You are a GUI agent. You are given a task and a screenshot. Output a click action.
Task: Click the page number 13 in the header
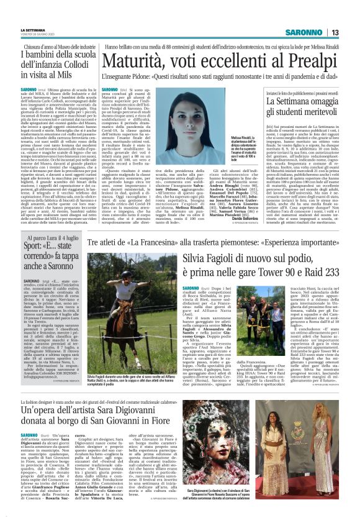point(335,32)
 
